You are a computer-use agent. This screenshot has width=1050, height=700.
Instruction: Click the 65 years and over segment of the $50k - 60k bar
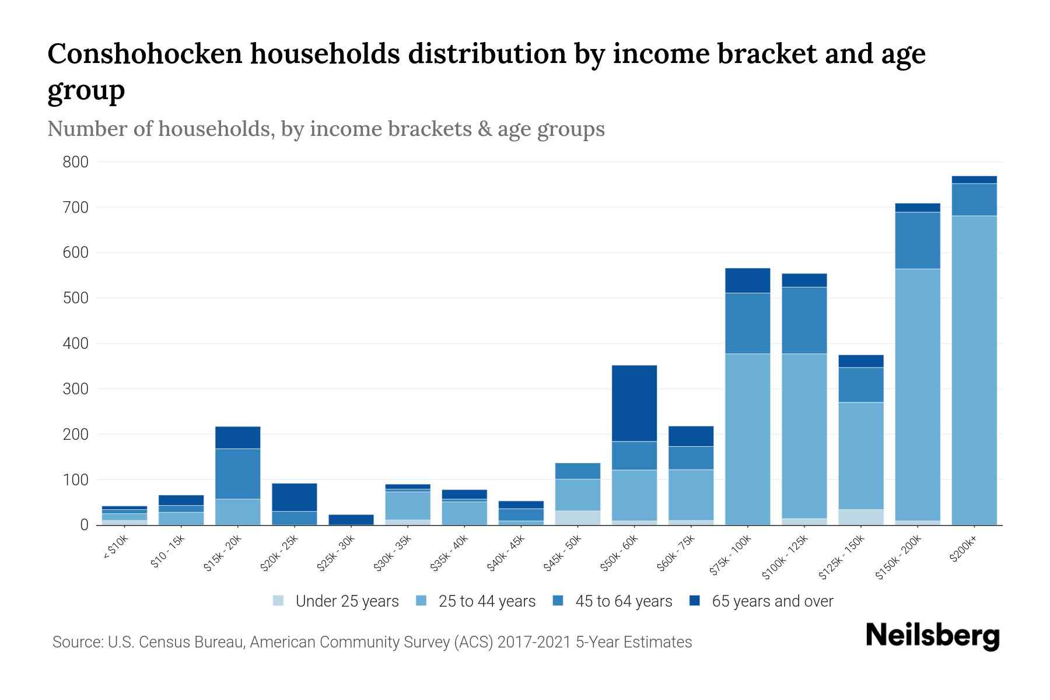point(634,403)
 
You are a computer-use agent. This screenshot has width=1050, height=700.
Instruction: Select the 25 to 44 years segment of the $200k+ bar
point(974,370)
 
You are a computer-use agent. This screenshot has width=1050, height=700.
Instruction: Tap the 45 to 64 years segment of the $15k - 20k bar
point(237,474)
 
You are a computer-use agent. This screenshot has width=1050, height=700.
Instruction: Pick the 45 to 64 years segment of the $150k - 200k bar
point(917,240)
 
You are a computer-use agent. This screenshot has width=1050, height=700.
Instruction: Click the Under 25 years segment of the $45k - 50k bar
point(577,517)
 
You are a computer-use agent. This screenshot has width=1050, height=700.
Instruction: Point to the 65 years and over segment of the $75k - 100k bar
point(747,281)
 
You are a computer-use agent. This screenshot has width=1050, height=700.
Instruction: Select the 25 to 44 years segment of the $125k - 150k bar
point(860,456)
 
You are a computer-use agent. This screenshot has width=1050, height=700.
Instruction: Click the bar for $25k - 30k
point(351,519)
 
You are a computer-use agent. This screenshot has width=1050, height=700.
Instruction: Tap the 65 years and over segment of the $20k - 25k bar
point(294,497)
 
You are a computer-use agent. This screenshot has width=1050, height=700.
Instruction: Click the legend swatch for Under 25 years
point(279,601)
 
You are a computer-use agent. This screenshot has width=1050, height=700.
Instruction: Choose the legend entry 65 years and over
point(772,601)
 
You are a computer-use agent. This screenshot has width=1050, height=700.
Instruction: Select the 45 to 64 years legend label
point(623,601)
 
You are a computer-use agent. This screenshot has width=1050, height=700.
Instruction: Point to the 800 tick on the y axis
point(75,162)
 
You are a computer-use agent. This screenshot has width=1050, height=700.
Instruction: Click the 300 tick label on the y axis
point(75,389)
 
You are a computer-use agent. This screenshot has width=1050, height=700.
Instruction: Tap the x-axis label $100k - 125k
point(785,558)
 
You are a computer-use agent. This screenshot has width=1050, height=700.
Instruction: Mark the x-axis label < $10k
point(116,548)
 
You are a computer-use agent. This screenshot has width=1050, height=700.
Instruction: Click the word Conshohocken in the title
point(145,54)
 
